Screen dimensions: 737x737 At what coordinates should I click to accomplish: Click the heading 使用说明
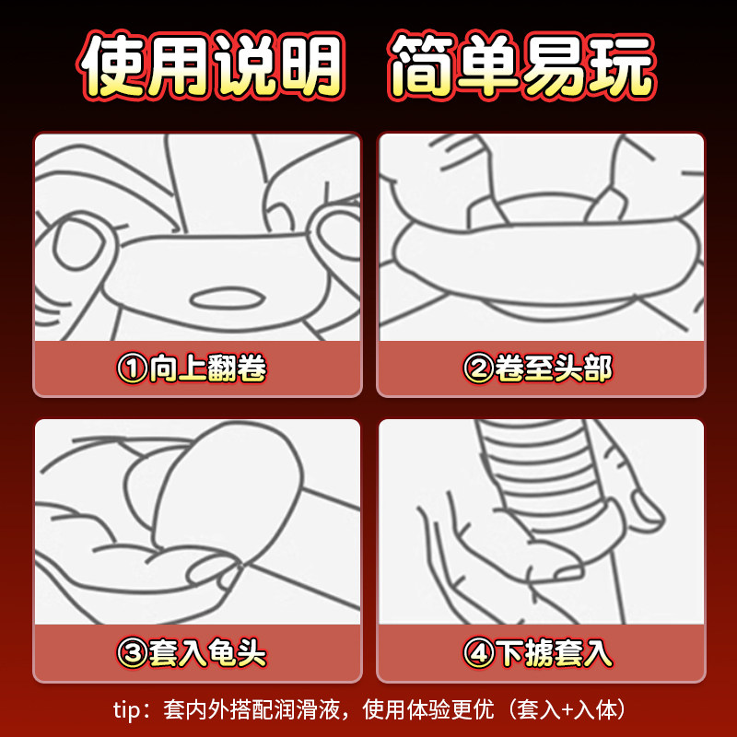point(210,65)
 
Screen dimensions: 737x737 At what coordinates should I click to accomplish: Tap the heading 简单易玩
point(521,65)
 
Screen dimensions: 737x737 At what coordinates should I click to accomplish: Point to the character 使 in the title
point(111,65)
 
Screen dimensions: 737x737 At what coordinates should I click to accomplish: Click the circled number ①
point(132,368)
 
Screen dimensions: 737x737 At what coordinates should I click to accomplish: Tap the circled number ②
point(478,368)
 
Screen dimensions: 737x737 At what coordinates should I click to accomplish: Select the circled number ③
point(132,653)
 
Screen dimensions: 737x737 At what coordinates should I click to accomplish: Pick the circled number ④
point(478,653)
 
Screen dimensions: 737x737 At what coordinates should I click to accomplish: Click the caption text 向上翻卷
point(208,368)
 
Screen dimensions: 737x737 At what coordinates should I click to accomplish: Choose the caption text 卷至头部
point(554,368)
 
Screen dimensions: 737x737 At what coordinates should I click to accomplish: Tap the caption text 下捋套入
point(555,653)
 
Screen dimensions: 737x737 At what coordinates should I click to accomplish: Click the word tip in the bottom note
point(126,709)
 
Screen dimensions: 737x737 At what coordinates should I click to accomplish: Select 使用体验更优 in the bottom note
point(428,709)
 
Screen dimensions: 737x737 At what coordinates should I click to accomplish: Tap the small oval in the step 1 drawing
point(227,298)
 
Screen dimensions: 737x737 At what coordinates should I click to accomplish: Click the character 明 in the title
point(310,65)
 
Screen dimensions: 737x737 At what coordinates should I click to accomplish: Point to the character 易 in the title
point(556,65)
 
